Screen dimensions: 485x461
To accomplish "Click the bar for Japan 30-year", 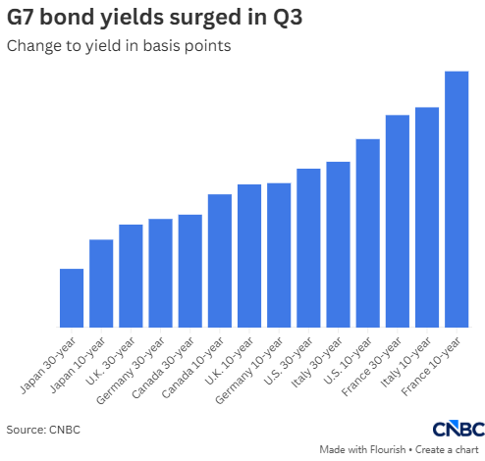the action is tap(72, 298).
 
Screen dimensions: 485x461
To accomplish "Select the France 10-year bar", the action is tap(457, 199).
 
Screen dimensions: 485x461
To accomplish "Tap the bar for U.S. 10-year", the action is tap(368, 233).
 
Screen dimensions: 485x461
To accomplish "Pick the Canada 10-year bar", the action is tap(220, 261).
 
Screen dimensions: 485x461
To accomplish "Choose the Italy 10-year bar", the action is tap(427, 217).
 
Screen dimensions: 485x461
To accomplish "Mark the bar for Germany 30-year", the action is tap(160, 273).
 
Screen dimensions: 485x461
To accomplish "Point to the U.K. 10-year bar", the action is tap(249, 256).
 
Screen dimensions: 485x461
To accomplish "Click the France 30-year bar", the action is tap(398, 221).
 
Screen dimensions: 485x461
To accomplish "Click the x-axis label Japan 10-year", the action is tap(78, 365).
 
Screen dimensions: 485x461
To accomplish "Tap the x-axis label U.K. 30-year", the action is tap(110, 361).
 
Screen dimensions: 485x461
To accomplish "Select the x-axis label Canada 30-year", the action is tap(163, 368).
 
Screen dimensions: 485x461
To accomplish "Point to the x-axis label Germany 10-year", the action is tap(249, 371).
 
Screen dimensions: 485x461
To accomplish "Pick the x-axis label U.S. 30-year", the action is tap(288, 361).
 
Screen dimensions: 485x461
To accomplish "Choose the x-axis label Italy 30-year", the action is tap(317, 362).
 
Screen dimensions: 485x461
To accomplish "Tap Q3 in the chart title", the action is tap(288, 17).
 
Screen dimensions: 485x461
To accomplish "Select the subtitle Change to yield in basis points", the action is tap(119, 46).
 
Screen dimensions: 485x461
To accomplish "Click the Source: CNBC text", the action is tap(43, 430).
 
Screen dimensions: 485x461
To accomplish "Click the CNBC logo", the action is tap(458, 429).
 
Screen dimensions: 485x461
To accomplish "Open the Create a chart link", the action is tap(447, 450).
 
